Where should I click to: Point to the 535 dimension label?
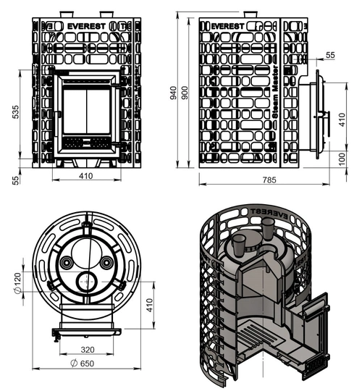point(17,113)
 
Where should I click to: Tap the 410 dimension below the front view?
point(85,175)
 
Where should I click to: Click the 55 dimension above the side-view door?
point(331,55)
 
